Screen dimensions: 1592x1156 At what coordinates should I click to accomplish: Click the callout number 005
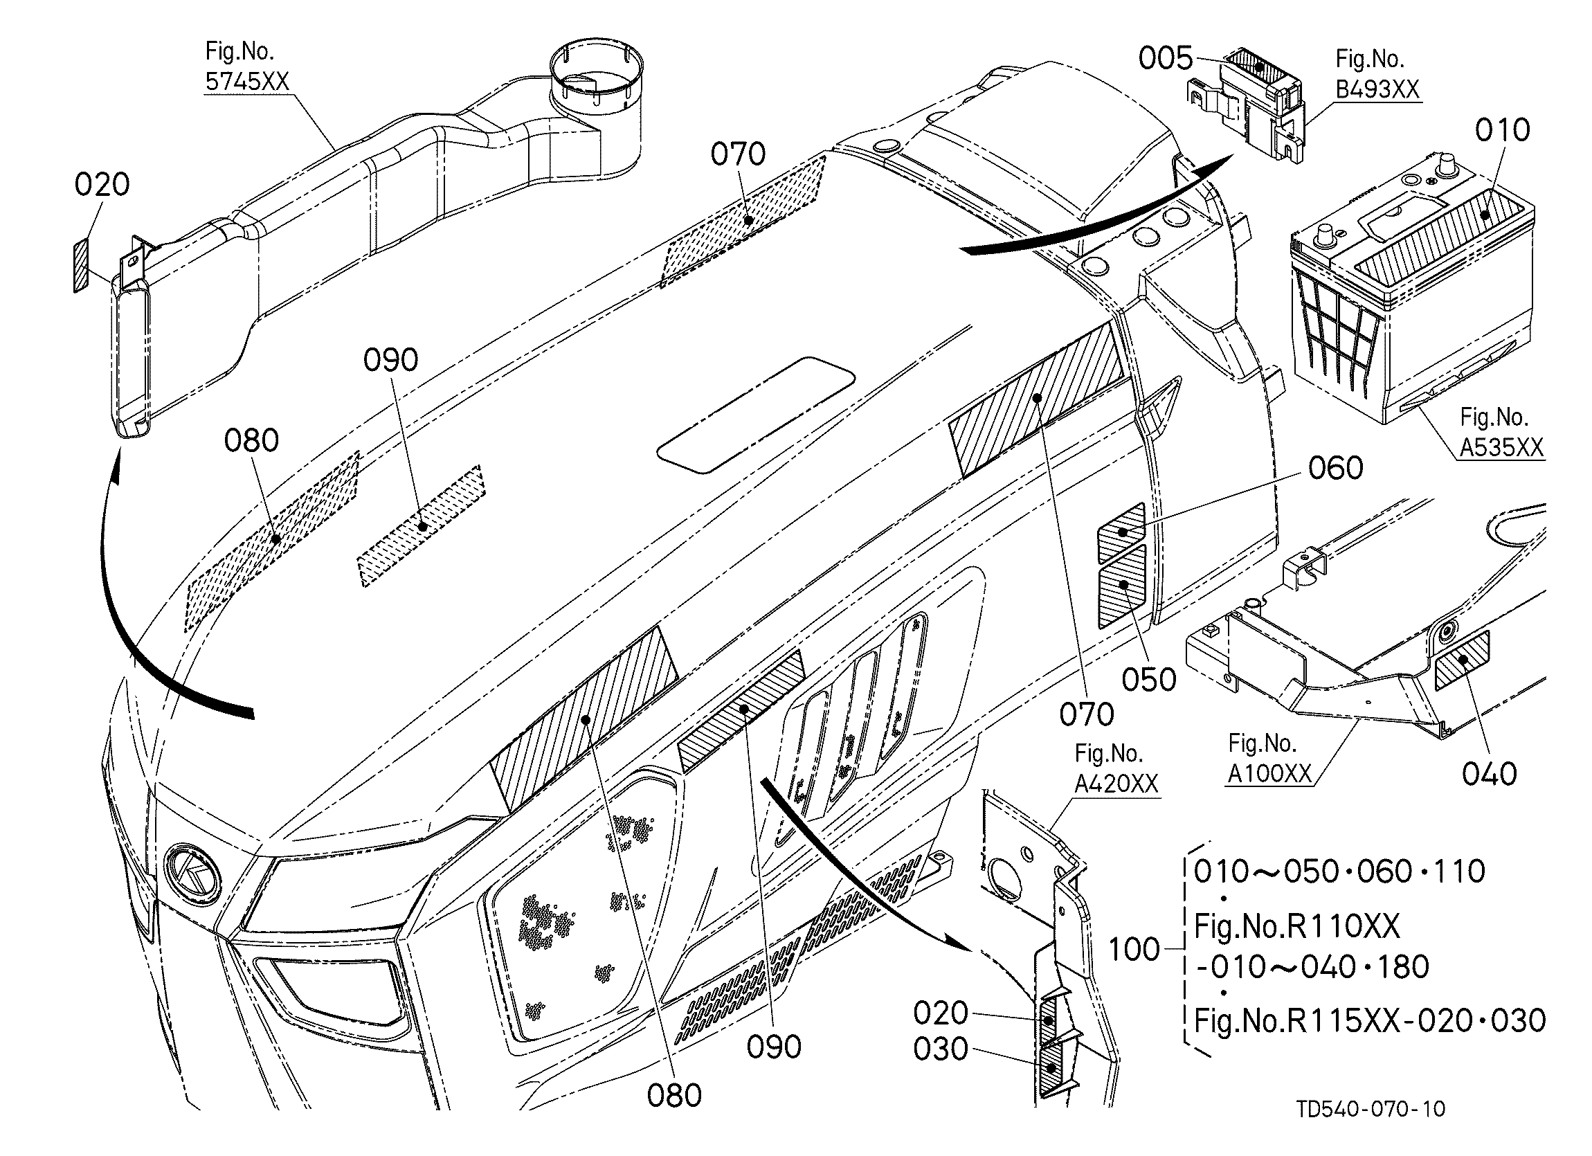point(1165,59)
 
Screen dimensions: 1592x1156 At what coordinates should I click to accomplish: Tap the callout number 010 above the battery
point(1502,131)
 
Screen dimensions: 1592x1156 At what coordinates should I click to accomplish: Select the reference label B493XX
point(1377,90)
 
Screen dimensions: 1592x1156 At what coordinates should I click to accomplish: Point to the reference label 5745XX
point(247,82)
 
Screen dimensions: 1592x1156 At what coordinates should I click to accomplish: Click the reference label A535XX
point(1502,447)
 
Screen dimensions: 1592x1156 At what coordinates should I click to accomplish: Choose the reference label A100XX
point(1270,773)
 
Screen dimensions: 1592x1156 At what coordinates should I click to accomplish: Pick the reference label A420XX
point(1116,784)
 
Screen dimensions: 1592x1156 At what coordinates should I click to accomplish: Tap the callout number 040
point(1490,774)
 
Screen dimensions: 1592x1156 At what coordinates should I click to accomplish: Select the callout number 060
point(1336,468)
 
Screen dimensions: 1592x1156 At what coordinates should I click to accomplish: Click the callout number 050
point(1149,680)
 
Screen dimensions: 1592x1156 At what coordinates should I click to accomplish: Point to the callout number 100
point(1135,950)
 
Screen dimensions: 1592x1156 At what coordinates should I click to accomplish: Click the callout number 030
point(941,1049)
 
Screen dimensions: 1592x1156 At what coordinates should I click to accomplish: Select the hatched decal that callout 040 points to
point(1462,660)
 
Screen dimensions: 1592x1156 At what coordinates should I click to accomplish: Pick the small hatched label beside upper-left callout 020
point(82,264)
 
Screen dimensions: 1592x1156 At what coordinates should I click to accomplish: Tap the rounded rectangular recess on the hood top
point(756,414)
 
